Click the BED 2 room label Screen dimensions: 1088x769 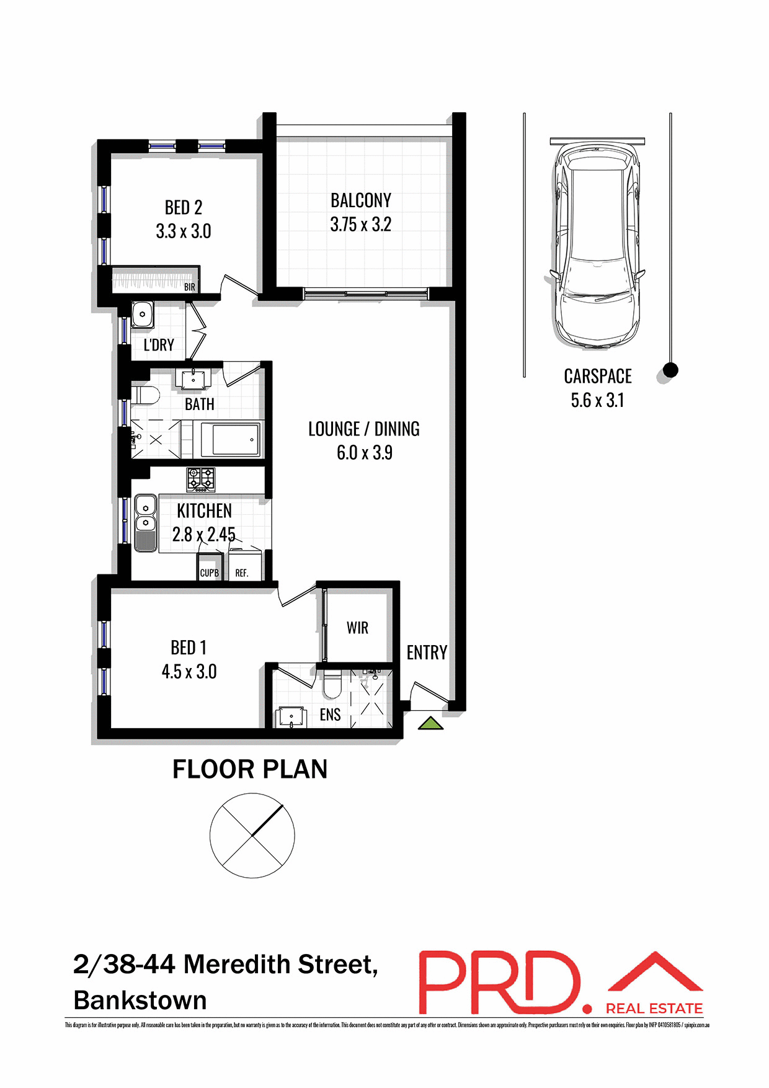[x=184, y=207]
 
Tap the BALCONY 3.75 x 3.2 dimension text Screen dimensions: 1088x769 [x=360, y=225]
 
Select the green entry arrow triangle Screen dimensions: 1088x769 [x=430, y=723]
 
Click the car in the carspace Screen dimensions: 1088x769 [x=597, y=245]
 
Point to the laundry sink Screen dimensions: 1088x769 [x=143, y=314]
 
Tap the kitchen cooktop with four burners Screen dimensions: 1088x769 [x=201, y=479]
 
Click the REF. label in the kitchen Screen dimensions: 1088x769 [x=242, y=573]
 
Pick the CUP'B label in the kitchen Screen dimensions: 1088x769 [x=209, y=573]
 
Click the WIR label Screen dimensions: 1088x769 [x=357, y=628]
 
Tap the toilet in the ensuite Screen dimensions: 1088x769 [x=332, y=684]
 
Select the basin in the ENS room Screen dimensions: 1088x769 [x=291, y=716]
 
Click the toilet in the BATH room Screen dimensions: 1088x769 [x=146, y=394]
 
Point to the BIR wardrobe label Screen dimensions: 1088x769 [x=190, y=287]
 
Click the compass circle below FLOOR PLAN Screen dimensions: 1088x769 [x=252, y=835]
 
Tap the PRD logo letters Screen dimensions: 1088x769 [x=499, y=983]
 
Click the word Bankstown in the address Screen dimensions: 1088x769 [x=140, y=1001]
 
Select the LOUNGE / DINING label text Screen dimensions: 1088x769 [x=364, y=429]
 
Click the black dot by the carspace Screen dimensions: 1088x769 [x=670, y=370]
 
